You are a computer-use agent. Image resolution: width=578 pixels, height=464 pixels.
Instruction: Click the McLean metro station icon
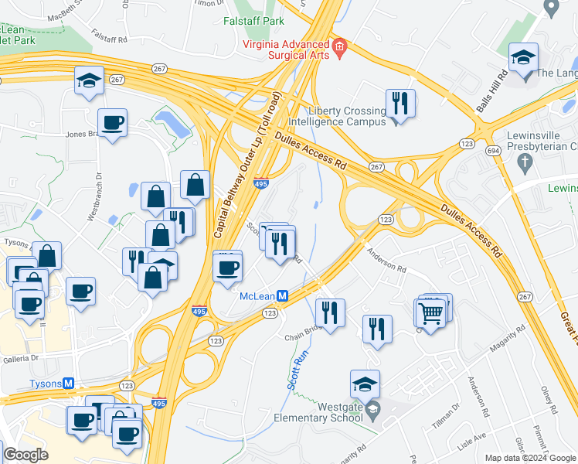tap(283, 296)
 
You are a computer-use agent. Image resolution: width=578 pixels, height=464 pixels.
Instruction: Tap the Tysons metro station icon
tap(68, 384)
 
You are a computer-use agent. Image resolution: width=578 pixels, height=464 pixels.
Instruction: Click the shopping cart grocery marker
tap(431, 313)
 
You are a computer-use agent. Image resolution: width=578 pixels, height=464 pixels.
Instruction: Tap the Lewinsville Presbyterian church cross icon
tap(525, 162)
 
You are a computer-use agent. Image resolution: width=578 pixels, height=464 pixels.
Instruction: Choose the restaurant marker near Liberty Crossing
tap(399, 103)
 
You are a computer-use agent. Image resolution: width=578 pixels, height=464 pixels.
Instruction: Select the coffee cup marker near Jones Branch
tap(113, 122)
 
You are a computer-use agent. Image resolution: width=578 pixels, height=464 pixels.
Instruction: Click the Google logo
tap(25, 454)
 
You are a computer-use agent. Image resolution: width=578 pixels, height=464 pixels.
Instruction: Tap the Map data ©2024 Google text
tap(530, 458)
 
